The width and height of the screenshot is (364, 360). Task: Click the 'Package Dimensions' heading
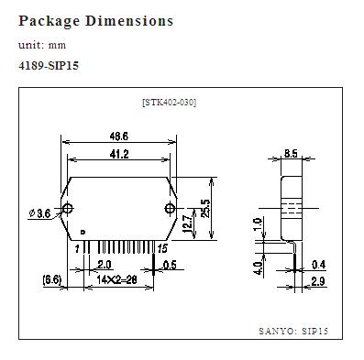[96, 21]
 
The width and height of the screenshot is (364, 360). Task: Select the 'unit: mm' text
[42, 45]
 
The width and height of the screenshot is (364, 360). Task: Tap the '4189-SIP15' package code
[49, 66]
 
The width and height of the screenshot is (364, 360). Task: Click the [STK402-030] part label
[170, 103]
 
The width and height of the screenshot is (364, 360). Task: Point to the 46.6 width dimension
[119, 136]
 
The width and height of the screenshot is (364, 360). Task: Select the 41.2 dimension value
[119, 154]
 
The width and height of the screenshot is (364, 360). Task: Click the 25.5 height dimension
[205, 208]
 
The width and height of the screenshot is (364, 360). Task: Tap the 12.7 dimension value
[188, 224]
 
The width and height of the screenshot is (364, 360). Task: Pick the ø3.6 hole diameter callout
[40, 213]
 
